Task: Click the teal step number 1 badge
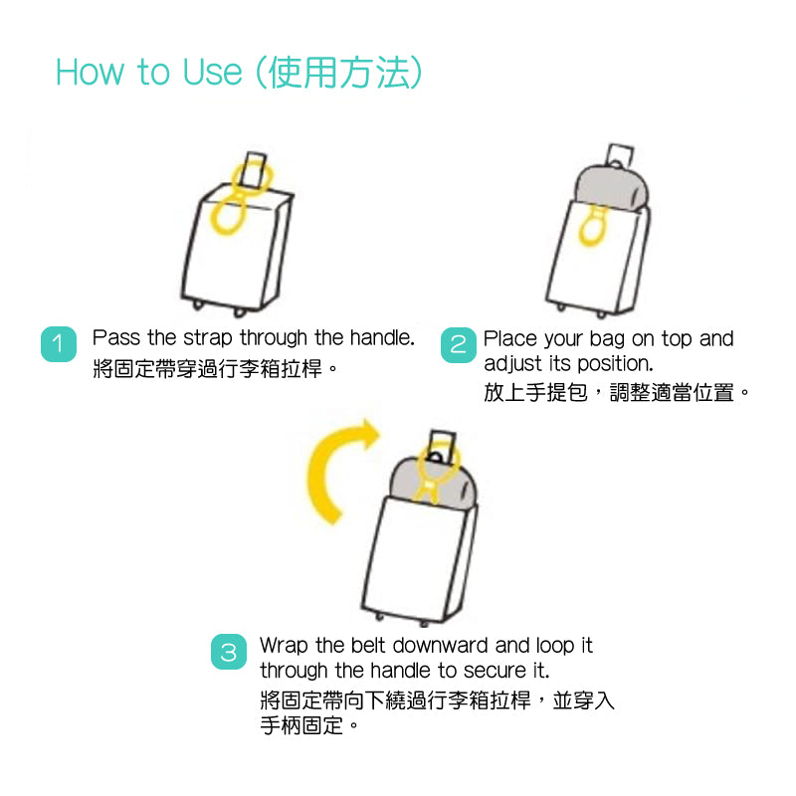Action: [59, 344]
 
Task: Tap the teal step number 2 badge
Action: [459, 345]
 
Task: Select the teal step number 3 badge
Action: [229, 652]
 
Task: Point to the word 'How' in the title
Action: [90, 72]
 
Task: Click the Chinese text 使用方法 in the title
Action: [338, 72]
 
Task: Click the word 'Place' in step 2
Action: [510, 338]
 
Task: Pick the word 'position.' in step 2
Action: [615, 364]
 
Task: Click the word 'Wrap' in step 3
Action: [284, 646]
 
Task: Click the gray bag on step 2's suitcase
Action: [611, 187]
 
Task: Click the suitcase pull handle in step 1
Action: [253, 171]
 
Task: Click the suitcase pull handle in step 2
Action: [620, 155]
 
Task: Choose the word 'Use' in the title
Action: [212, 72]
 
